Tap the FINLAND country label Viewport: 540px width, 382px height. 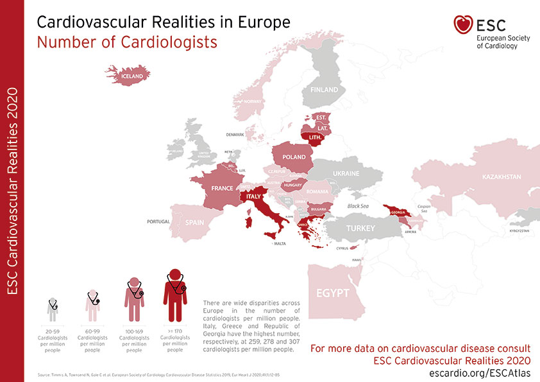point(324,90)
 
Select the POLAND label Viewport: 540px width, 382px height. point(294,157)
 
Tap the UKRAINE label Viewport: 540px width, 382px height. point(346,174)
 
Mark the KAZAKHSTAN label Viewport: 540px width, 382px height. point(500,177)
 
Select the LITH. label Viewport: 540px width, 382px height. point(316,138)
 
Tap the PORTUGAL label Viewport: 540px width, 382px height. point(158,221)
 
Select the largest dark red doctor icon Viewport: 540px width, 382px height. point(174,295)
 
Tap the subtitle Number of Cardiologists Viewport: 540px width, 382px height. point(127,42)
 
